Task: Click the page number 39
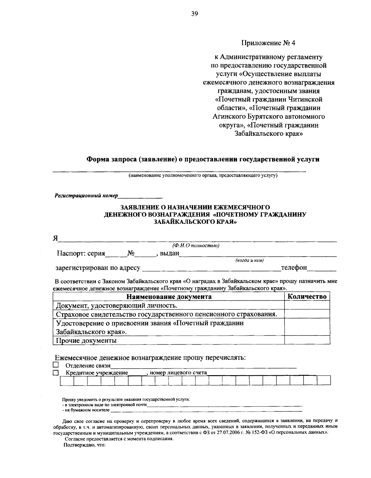pos(194,14)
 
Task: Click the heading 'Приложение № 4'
pos(268,43)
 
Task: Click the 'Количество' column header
pos(307,297)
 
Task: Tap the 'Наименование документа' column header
pos(169,297)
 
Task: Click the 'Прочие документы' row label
pos(86,341)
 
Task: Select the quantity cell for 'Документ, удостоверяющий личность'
pos(307,305)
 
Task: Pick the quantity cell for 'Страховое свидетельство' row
pos(307,314)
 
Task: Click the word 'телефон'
pos(294,268)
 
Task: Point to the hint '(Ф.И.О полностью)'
pos(196,246)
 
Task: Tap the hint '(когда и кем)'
pos(249,261)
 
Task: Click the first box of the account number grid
pos(67,380)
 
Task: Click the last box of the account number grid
pos(324,380)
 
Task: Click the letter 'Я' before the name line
pos(56,238)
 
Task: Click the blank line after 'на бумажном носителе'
pos(206,410)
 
